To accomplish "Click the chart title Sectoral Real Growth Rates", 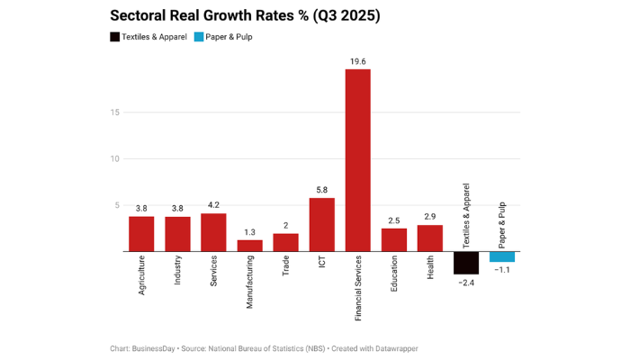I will click(245, 16).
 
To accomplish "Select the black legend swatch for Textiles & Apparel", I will click(116, 37).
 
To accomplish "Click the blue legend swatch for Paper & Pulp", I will click(199, 37).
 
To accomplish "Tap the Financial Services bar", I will click(357, 160).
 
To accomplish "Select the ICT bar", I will click(321, 224).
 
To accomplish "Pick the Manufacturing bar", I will click(249, 246).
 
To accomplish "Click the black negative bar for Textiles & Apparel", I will click(465, 262).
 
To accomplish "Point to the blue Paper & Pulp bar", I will click(501, 256).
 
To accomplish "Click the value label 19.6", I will click(357, 61).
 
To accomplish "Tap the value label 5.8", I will click(321, 190).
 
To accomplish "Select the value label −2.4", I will click(465, 283).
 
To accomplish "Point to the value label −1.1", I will click(501, 271).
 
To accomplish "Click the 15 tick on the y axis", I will click(114, 112).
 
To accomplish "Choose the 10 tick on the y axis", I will click(114, 158).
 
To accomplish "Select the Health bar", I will click(429, 238).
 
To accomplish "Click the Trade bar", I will click(285, 242).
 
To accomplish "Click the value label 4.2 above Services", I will click(213, 204).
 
